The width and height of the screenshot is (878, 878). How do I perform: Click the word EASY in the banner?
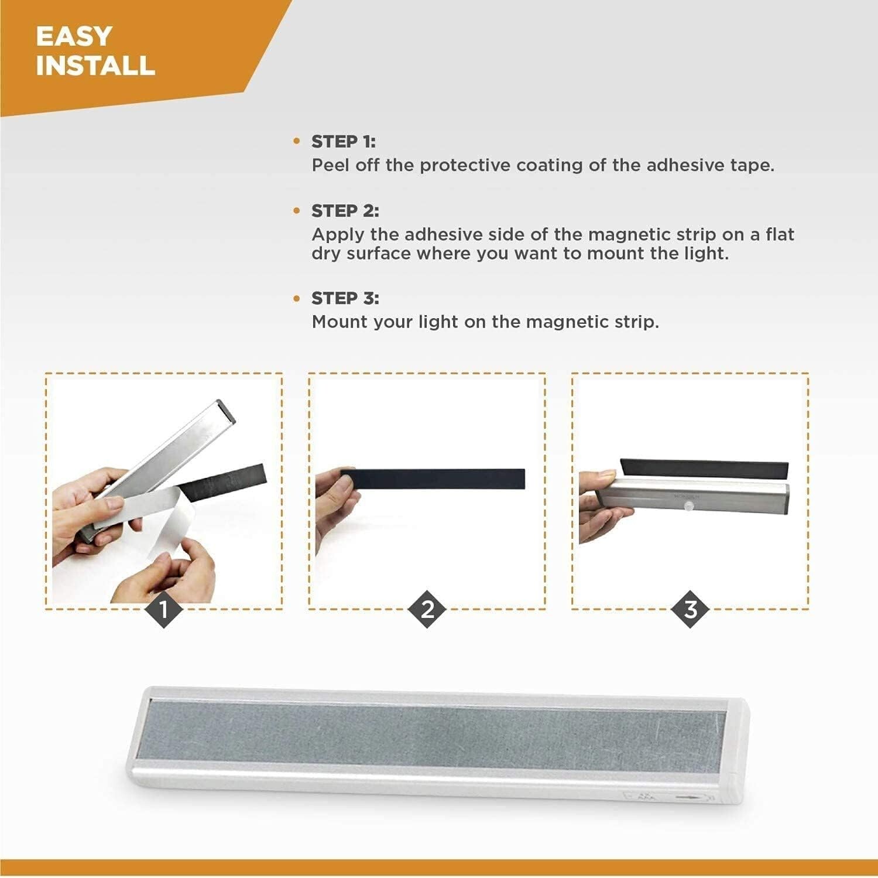click(74, 36)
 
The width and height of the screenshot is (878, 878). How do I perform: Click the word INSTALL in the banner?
click(95, 65)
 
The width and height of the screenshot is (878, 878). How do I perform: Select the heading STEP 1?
click(343, 142)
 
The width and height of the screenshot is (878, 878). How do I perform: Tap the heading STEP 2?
click(345, 211)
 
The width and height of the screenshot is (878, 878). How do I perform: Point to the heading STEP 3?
click(345, 298)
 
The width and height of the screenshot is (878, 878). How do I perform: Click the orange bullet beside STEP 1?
click(297, 142)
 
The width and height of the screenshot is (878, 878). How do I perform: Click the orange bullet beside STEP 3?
click(297, 299)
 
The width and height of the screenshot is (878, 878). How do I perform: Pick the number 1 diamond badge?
click(164, 609)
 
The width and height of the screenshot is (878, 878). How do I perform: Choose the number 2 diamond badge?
click(427, 609)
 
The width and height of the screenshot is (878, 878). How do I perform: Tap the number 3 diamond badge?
click(691, 609)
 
